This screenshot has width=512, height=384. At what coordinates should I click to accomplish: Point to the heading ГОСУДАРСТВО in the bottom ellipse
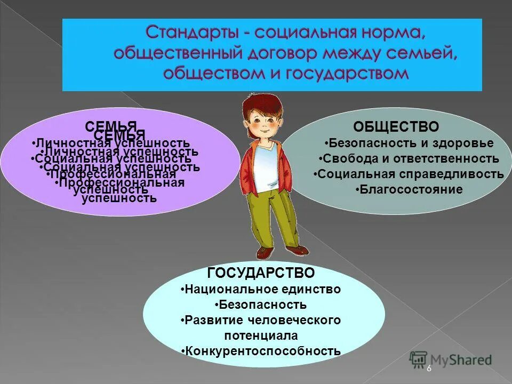[x=261, y=273]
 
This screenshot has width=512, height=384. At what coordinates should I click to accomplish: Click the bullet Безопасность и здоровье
[x=410, y=143]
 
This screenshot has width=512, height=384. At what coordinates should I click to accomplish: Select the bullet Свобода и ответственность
[x=409, y=158]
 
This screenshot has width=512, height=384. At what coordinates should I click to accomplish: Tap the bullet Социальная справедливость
[x=409, y=174]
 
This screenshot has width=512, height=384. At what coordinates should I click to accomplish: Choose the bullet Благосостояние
[x=409, y=189]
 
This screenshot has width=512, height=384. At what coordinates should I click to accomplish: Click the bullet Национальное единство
[x=261, y=289]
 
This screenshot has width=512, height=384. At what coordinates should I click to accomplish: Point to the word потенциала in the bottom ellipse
[x=261, y=335]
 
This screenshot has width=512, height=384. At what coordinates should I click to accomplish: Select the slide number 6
[x=428, y=369]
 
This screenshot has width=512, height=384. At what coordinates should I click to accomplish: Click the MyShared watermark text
[x=461, y=360]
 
